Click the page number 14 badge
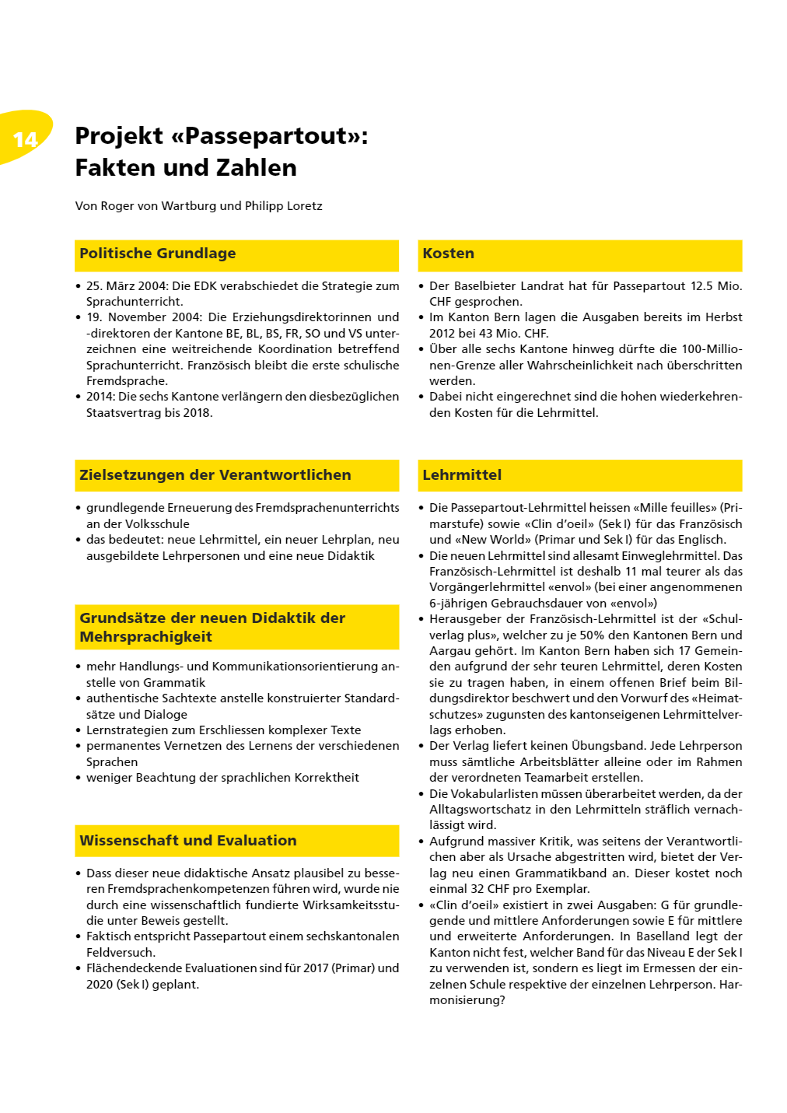[26, 139]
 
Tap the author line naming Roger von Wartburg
[198, 206]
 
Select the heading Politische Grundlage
[158, 254]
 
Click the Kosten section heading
[448, 254]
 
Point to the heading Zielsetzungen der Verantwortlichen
[215, 475]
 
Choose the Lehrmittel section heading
[462, 475]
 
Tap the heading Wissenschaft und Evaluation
[188, 841]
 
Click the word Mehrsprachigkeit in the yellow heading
[145, 637]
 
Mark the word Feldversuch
[121, 953]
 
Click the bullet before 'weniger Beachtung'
[79, 778]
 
